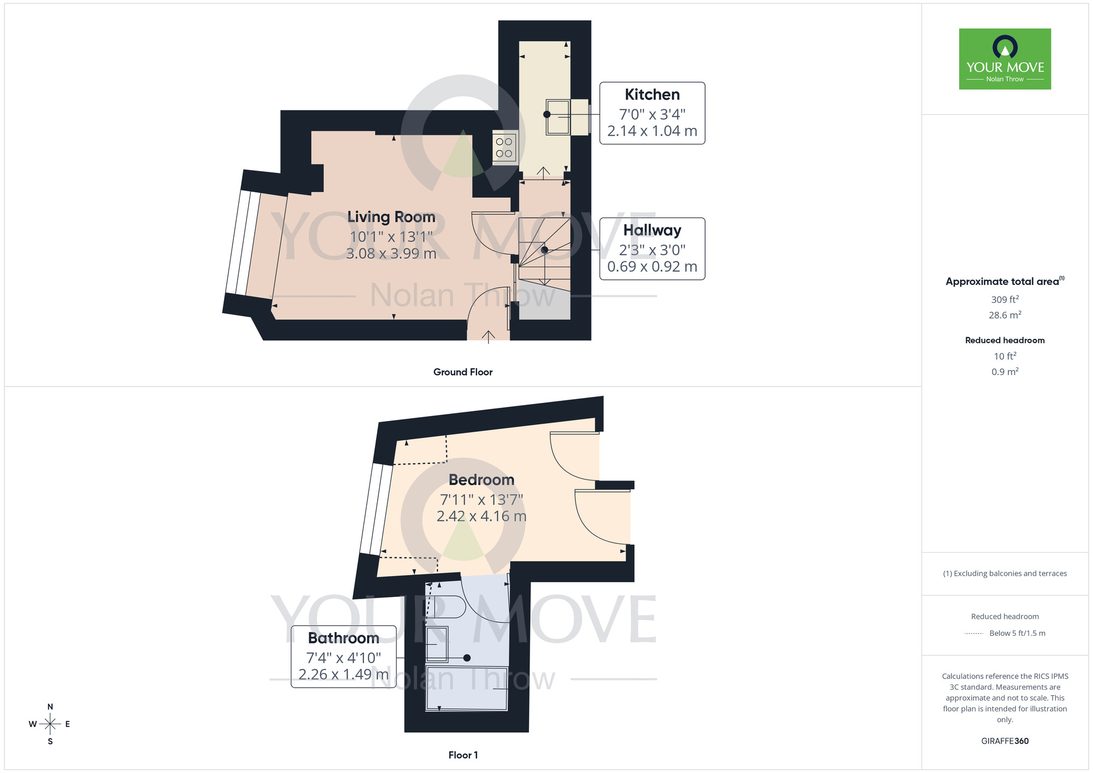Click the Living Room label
(391, 217)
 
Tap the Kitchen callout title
(652, 95)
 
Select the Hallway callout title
(652, 230)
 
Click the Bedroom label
(481, 480)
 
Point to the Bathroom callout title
(343, 638)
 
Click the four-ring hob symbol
(504, 148)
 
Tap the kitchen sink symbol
(557, 117)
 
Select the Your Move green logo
(1004, 59)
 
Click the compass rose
(50, 724)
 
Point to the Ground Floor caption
(463, 372)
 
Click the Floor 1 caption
(463, 755)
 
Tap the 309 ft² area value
(1004, 300)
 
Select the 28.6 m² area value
(1004, 315)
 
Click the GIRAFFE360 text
(1004, 741)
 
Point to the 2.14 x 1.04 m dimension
(652, 131)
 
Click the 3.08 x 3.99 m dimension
(391, 254)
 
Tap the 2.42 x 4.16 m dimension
(481, 516)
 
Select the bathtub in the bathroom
(467, 688)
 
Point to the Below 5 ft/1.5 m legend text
(1017, 633)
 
